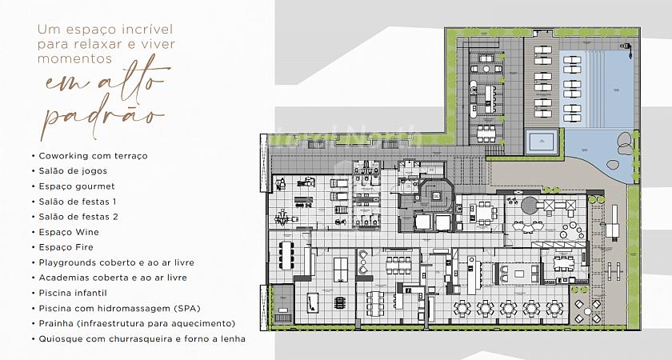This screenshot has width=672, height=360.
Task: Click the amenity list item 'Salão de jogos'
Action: (73, 171)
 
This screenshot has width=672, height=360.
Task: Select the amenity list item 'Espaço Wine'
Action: (69, 232)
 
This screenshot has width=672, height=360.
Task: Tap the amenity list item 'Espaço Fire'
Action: (66, 247)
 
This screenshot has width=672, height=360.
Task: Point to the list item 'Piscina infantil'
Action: (73, 293)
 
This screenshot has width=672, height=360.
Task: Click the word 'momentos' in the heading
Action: (75, 58)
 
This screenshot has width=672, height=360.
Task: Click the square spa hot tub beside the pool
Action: (542, 142)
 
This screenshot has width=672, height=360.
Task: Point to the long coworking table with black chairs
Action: (286, 255)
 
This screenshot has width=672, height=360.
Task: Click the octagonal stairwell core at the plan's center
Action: (437, 196)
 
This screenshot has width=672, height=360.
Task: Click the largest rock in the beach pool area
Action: (624, 140)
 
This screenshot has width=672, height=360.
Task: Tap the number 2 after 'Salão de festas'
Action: (115, 217)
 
